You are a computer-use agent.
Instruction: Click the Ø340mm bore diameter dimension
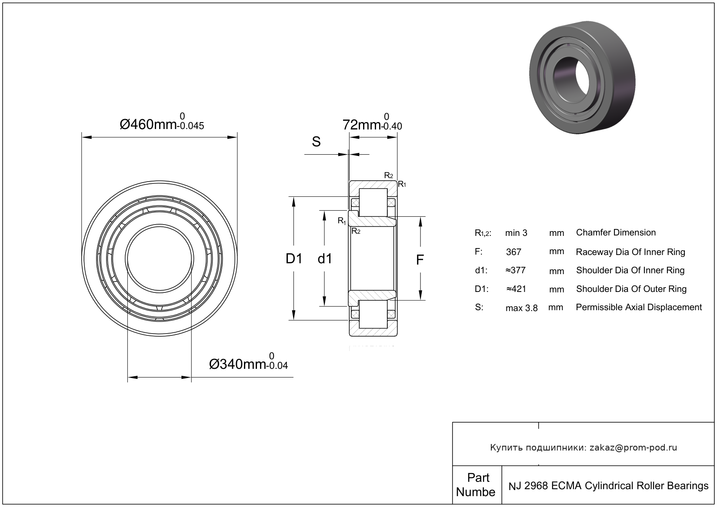coord(248,364)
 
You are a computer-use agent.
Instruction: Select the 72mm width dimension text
coord(372,125)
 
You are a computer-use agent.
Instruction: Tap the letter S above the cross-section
coord(317,142)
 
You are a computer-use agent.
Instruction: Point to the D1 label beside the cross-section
coord(294,259)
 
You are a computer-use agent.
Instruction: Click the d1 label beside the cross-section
coord(325,259)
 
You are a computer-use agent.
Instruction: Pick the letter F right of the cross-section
coord(420,260)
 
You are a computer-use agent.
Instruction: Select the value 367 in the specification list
coord(514,252)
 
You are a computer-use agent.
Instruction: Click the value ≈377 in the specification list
coord(515,270)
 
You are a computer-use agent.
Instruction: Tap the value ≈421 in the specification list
coord(516,289)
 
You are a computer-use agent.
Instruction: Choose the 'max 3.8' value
coord(521,308)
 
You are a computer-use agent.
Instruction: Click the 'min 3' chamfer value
coord(516,233)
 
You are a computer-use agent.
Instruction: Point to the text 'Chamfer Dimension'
coord(616,232)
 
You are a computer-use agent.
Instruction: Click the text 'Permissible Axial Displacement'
coord(638,307)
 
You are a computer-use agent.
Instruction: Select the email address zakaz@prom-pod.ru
coord(633,447)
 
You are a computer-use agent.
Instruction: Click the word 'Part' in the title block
coord(478,477)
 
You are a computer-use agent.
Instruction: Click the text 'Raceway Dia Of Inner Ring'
coord(630,252)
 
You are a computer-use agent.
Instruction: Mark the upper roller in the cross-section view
coord(373,202)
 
